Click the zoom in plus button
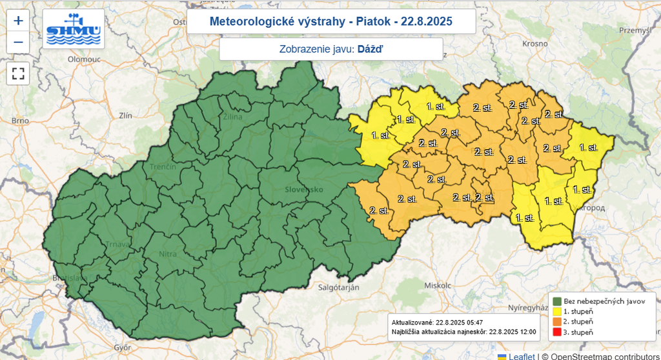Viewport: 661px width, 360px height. click(18, 21)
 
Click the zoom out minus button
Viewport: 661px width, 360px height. click(18, 43)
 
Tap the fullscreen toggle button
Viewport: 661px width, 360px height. click(18, 73)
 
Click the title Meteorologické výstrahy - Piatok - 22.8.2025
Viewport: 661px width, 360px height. click(331, 21)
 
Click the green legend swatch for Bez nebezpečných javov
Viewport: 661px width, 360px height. click(556, 301)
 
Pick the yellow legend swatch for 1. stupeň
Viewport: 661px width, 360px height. click(556, 312)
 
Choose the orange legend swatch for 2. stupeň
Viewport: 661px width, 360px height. click(556, 322)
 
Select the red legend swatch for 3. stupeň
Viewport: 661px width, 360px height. click(556, 332)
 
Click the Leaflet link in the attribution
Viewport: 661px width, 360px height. click(521, 355)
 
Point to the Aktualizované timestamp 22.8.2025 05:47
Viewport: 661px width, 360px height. click(460, 322)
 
